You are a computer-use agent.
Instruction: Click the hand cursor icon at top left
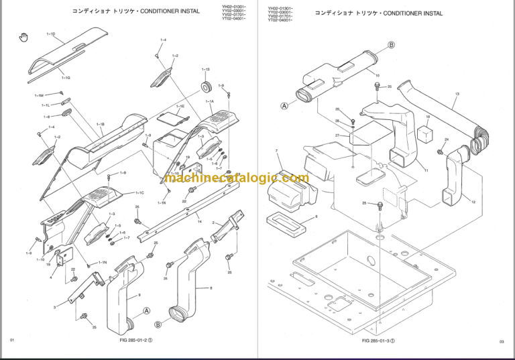tap(24, 36)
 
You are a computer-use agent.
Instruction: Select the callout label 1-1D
tap(51, 33)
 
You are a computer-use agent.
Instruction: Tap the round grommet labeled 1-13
tap(205, 86)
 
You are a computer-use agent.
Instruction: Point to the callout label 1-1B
tap(100, 124)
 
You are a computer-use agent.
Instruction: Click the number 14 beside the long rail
tap(199, 219)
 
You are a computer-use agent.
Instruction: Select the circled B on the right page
tap(392, 45)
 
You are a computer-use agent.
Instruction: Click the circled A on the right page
tap(284, 105)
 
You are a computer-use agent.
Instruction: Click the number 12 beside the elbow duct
tap(473, 202)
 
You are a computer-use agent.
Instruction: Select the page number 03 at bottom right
tap(501, 341)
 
